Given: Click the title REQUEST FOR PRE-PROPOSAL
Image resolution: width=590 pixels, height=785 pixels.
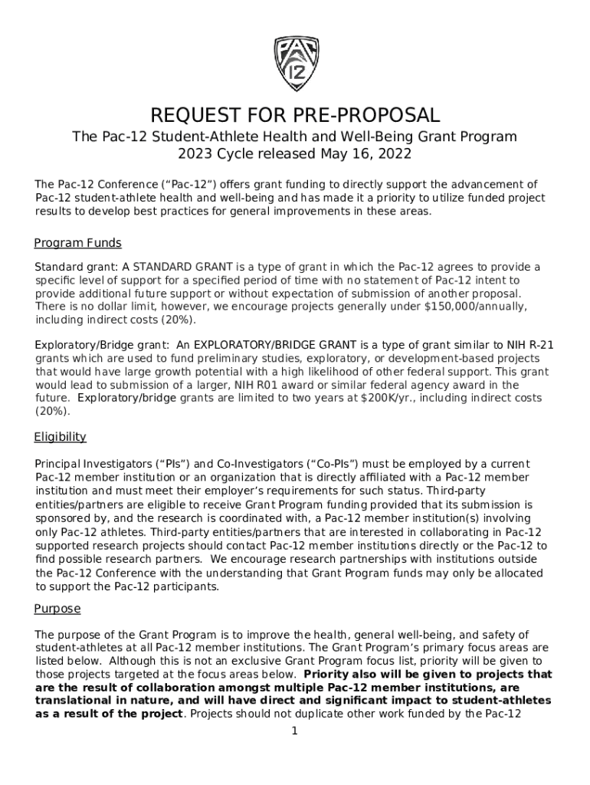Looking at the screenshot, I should click(x=295, y=116).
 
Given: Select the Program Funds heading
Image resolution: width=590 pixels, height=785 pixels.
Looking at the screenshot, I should click(x=77, y=243).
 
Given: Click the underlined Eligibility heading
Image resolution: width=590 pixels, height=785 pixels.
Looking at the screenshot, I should click(x=60, y=437).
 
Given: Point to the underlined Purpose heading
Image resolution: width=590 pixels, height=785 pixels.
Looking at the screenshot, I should click(x=57, y=609).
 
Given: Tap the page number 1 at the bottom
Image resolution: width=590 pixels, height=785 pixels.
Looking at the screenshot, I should click(x=294, y=731).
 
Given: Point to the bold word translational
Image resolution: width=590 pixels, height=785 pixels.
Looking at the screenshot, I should click(x=72, y=700).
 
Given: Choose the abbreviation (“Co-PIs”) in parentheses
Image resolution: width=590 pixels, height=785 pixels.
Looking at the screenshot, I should click(x=329, y=464).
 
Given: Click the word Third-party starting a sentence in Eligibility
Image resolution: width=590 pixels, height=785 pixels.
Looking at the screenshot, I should click(x=458, y=490).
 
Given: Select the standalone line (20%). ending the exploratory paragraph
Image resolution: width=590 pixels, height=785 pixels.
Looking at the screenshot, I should click(x=53, y=411).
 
